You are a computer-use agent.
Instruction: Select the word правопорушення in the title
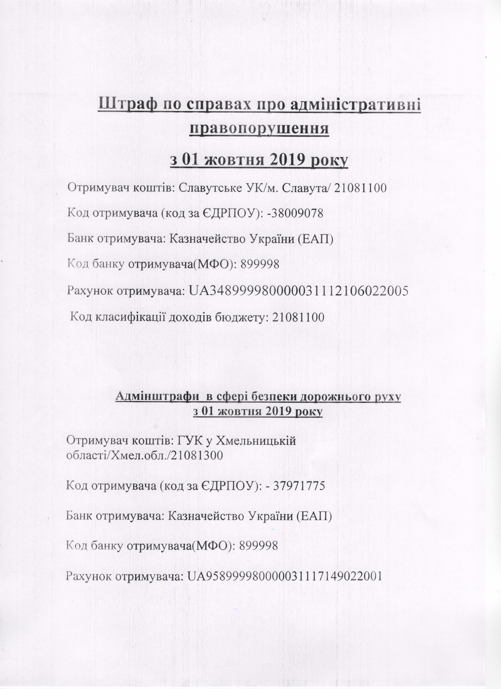pyautogui.click(x=259, y=129)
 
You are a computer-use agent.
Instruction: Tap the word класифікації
pyautogui.click(x=131, y=318)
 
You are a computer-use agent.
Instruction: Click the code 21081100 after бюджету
pyautogui.click(x=298, y=318)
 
